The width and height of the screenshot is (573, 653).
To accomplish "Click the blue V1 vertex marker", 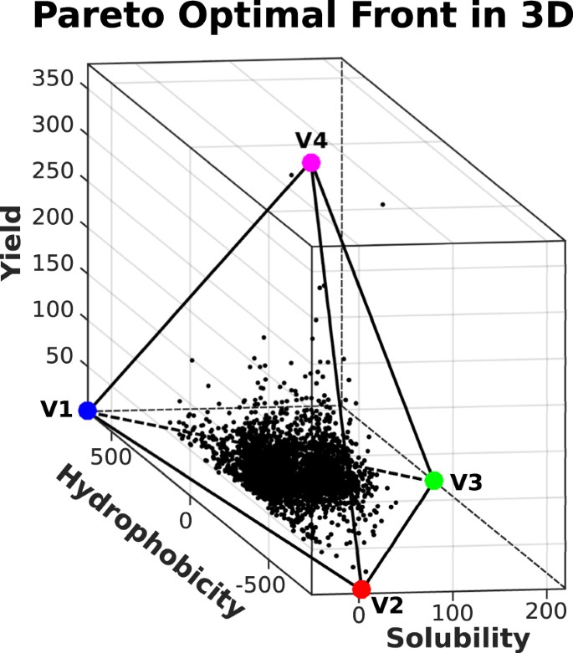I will (x=87, y=410).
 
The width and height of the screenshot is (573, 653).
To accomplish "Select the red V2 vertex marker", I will (x=361, y=589).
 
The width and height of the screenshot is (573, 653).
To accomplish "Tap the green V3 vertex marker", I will (x=433, y=480).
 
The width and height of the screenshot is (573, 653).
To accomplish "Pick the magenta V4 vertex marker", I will (x=311, y=162).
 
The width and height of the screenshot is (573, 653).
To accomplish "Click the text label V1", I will (x=55, y=410).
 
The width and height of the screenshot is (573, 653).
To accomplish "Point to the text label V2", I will (x=388, y=604).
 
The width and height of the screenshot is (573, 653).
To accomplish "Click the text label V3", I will (x=467, y=482).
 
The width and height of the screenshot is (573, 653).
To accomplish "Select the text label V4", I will (x=310, y=139).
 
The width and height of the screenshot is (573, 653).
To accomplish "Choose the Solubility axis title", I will (x=458, y=639).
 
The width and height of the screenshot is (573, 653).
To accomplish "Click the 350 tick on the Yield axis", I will (x=54, y=80).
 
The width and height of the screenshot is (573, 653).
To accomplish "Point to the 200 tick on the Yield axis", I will (x=54, y=224).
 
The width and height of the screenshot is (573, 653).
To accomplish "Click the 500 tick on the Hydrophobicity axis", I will (x=114, y=456).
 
